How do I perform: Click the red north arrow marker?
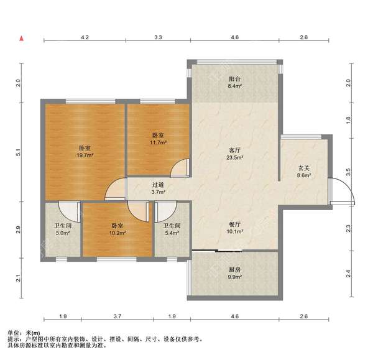coord(22,39)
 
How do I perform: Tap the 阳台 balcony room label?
coord(235,79)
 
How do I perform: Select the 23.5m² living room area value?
coord(235,157)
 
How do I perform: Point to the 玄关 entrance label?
coord(304,168)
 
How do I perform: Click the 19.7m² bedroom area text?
coord(85,155)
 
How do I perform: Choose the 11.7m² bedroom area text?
coord(158,142)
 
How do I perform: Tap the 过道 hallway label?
coord(158,185)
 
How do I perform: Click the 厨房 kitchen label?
coord(235,270)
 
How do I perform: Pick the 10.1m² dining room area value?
coord(235,231)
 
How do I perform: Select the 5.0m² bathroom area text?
coord(63,233)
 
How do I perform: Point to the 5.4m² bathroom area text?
coord(172,233)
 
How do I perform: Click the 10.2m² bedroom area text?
coord(117,233)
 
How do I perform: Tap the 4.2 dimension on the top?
coord(85,37)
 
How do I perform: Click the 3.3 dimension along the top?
coord(158,37)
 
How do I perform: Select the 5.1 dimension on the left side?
coord(18,152)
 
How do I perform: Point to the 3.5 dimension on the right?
coord(348,172)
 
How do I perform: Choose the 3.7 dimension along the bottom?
coord(117,316)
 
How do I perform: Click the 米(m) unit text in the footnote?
coord(34,333)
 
